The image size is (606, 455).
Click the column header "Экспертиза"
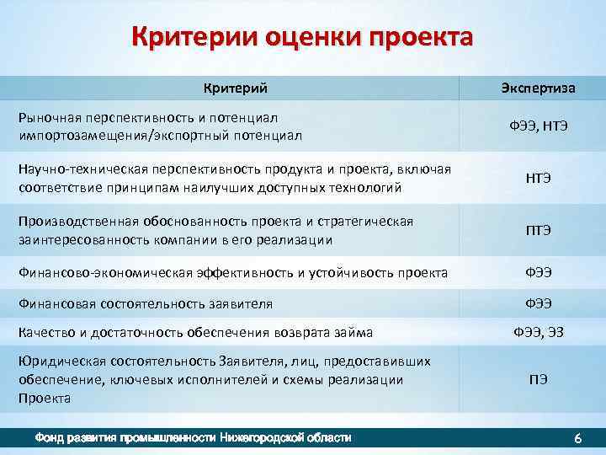[x=538, y=88]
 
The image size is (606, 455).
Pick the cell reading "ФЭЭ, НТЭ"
[x=538, y=126]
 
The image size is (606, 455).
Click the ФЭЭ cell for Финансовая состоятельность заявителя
[x=538, y=302]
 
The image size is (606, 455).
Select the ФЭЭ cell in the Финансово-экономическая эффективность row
[x=538, y=272]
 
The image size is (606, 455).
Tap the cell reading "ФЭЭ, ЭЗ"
[x=538, y=332]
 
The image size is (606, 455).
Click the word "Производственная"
[x=73, y=222]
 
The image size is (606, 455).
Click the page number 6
[x=577, y=439]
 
